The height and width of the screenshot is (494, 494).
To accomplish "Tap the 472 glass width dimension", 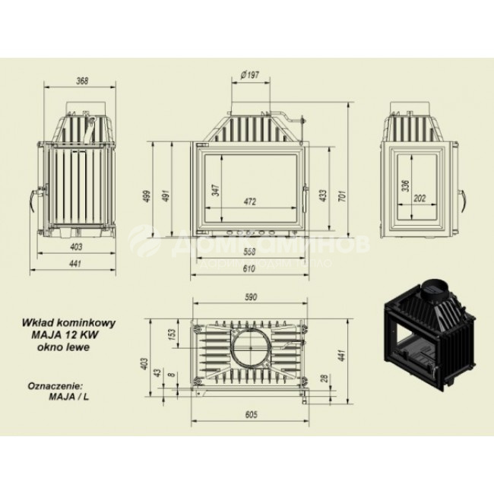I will (x=250, y=202).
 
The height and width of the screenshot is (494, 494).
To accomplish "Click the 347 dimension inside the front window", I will (x=215, y=190).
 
